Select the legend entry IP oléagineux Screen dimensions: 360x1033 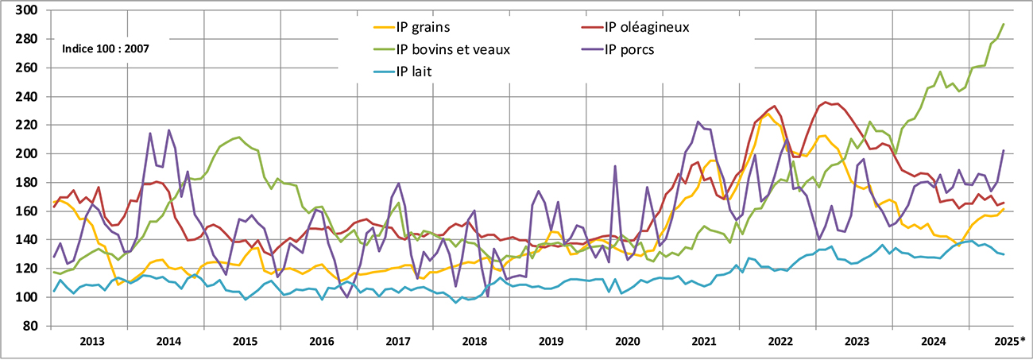[646, 27]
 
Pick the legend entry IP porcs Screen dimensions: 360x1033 [633, 49]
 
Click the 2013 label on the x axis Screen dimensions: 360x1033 [92, 342]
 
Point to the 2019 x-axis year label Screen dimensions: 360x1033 [551, 342]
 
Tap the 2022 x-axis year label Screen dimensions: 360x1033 [780, 342]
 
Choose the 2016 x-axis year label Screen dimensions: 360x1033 [322, 342]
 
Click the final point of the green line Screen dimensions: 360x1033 [1004, 24]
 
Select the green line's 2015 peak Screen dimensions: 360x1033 [239, 137]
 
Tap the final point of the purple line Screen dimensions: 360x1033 [1004, 150]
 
